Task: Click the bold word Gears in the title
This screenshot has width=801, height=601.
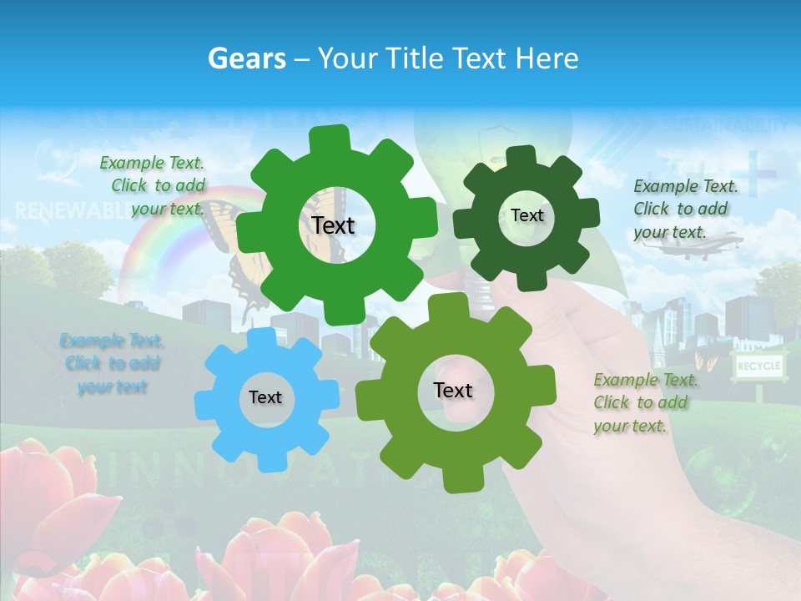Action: (x=247, y=58)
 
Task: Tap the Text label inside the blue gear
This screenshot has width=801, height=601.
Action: (x=265, y=398)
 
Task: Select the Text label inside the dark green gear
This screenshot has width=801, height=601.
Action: (x=526, y=215)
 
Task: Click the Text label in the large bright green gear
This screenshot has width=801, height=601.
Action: (x=333, y=225)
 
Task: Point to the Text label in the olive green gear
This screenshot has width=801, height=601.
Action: (x=453, y=391)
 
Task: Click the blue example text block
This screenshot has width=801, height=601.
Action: (x=112, y=364)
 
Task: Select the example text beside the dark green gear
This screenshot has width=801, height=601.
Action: (x=685, y=209)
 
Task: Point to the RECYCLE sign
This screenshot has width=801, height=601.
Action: (x=758, y=366)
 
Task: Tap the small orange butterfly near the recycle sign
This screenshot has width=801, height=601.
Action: (x=706, y=362)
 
